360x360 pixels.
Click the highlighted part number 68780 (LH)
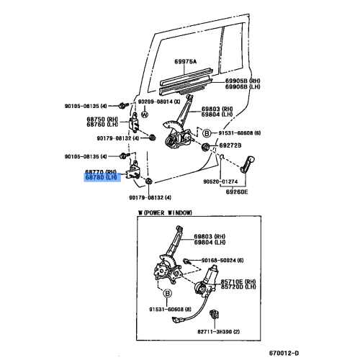[x=105, y=176]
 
